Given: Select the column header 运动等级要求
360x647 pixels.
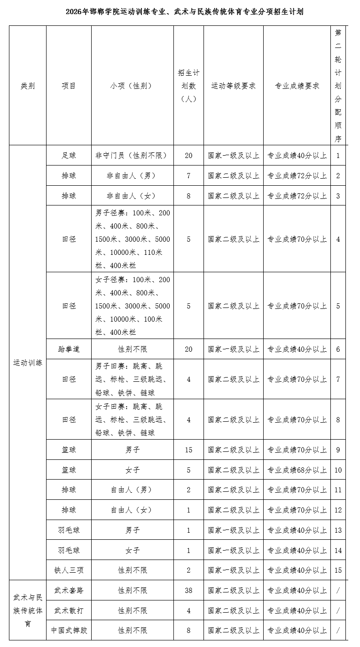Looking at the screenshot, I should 233,86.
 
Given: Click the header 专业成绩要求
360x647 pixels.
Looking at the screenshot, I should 297,86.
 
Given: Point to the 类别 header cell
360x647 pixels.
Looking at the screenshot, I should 28,86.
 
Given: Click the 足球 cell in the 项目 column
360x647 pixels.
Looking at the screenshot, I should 69,155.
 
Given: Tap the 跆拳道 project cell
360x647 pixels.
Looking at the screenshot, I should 69,349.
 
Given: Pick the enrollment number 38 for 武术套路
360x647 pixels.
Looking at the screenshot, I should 188,591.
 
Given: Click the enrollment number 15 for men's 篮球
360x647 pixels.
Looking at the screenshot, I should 188,450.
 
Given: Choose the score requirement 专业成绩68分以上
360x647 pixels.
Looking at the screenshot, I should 297,470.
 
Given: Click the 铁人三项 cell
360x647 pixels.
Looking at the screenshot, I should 69,570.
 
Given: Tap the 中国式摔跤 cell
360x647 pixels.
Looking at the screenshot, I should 69,631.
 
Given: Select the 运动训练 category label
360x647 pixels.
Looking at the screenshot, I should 28,363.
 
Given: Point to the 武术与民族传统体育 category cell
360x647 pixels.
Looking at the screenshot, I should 28,610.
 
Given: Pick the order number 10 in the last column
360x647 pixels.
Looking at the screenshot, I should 338,470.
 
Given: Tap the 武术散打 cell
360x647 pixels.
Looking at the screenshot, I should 69,610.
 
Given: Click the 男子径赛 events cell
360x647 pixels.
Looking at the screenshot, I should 133,239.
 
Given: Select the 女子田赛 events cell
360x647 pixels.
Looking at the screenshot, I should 133,419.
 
